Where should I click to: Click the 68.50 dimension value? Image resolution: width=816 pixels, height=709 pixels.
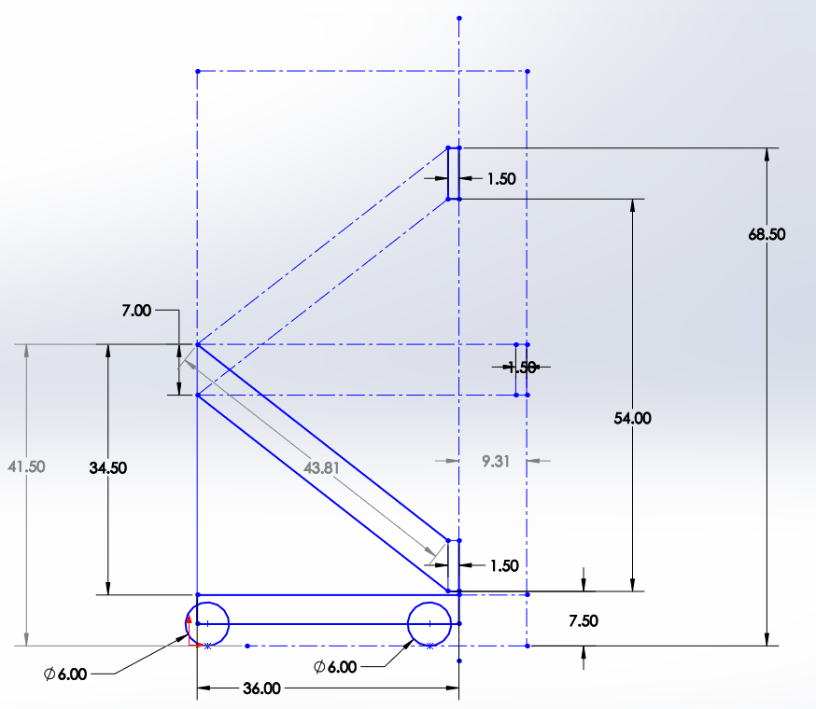(x=767, y=235)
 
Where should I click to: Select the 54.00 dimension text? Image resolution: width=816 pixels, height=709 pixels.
(x=633, y=419)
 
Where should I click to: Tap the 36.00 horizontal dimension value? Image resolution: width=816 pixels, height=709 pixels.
(x=261, y=689)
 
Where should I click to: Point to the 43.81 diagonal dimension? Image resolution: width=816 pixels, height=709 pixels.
(x=321, y=468)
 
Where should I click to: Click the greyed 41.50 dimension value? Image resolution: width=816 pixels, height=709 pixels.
(x=26, y=466)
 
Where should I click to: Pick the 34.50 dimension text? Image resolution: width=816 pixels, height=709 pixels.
(x=108, y=468)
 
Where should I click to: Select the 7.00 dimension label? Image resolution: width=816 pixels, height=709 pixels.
(x=135, y=311)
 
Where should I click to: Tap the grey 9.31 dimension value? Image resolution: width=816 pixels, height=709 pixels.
(x=495, y=460)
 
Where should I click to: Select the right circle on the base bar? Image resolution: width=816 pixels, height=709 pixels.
(x=429, y=622)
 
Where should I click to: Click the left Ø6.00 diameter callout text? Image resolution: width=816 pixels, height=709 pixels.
(x=65, y=674)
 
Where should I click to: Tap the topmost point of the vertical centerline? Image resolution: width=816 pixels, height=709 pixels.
(x=459, y=18)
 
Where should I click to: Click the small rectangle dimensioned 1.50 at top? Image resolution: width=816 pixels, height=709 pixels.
(x=454, y=174)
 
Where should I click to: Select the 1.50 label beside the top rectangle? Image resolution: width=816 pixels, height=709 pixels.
(x=501, y=178)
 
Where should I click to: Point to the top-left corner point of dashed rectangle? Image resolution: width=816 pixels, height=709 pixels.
(x=198, y=71)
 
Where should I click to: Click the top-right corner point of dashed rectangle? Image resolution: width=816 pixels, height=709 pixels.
(x=528, y=71)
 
